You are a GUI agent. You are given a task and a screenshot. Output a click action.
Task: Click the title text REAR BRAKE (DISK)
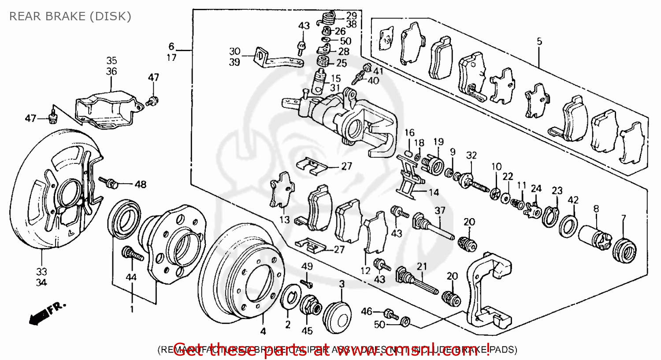tap(70, 17)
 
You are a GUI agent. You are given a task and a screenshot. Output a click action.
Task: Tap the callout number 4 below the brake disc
tap(263, 331)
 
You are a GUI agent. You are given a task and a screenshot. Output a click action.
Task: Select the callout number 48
tap(140, 184)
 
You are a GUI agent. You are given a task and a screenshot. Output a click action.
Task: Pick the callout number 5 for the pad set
tap(539, 42)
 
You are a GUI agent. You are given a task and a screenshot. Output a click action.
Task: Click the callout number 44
tap(131, 277)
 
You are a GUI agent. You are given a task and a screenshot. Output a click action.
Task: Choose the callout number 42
tap(573, 200)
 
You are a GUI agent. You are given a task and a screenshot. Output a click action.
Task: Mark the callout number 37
tap(440, 211)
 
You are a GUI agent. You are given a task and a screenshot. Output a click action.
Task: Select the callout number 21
tap(422, 266)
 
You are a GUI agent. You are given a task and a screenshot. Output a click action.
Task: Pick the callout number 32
tap(471, 155)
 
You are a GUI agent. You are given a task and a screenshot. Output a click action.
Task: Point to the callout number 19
tap(438, 142)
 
